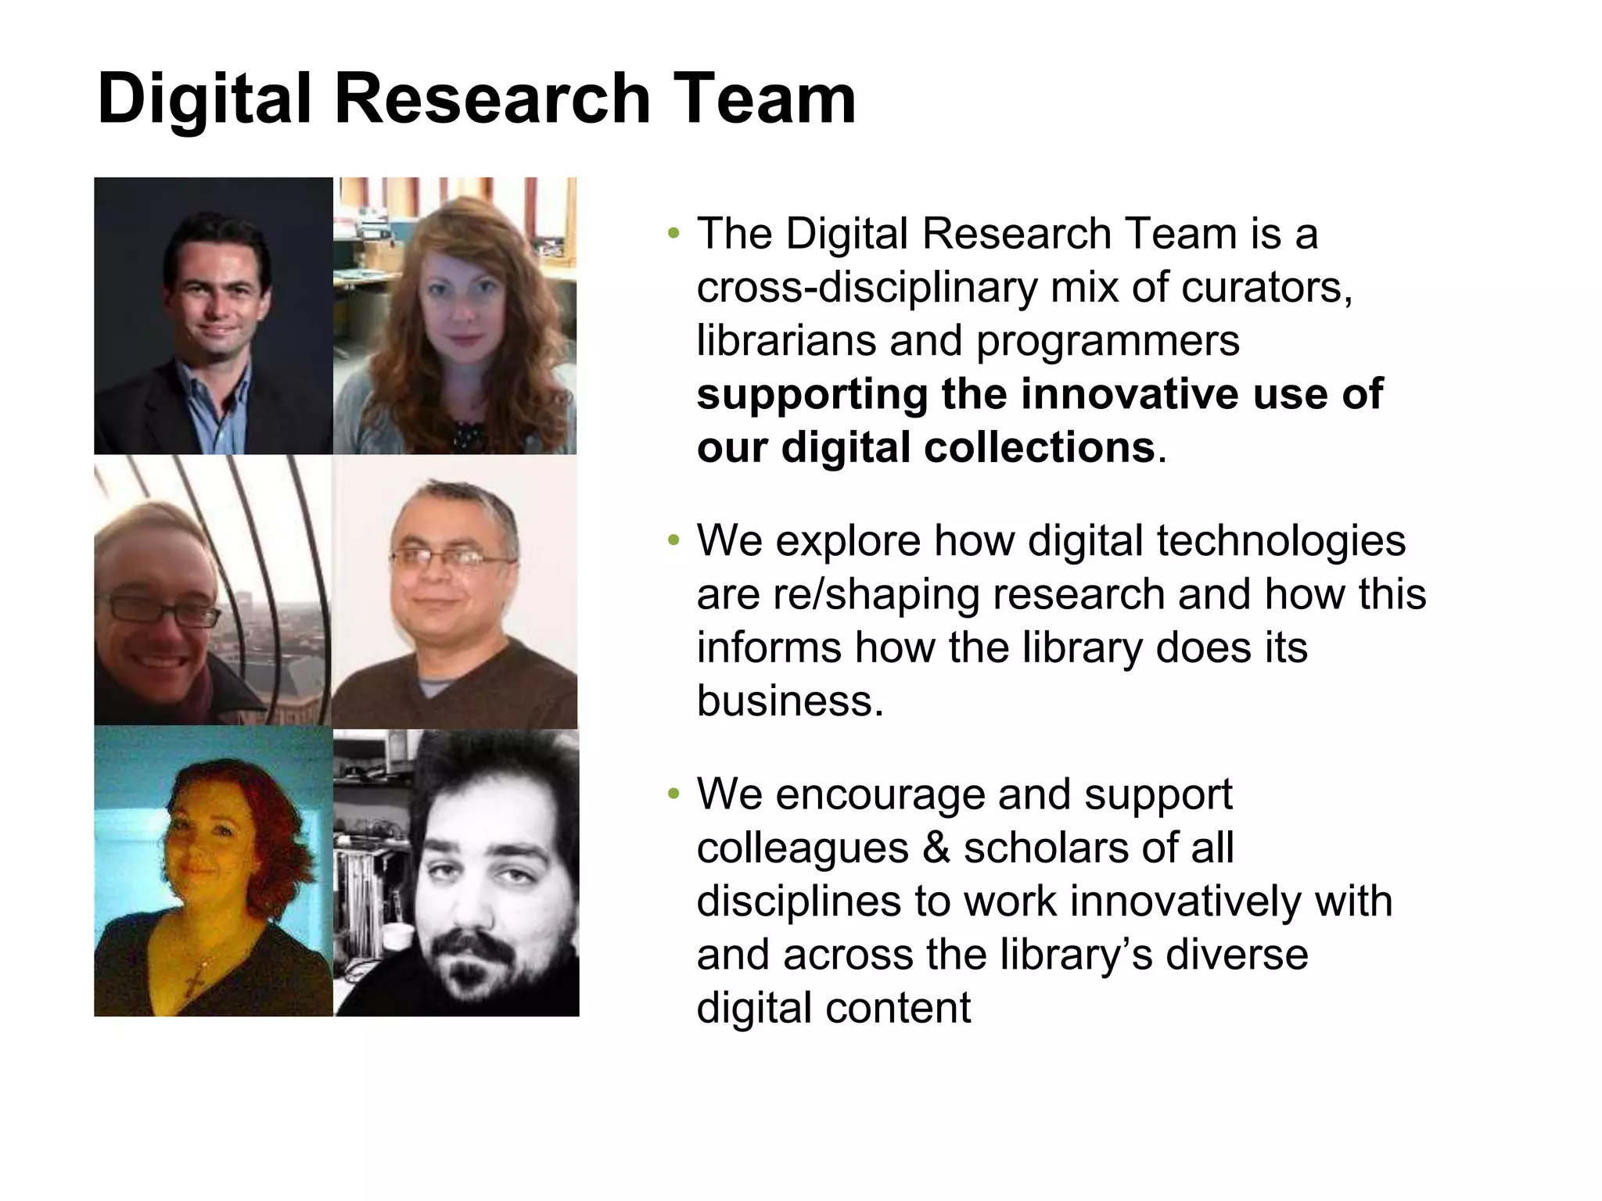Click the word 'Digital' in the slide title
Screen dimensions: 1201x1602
(x=205, y=99)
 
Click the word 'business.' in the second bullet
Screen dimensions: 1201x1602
(x=790, y=701)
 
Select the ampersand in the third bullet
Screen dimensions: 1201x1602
(x=936, y=848)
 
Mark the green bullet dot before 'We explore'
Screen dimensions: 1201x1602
(x=673, y=541)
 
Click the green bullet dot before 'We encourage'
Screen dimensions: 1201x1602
(x=673, y=794)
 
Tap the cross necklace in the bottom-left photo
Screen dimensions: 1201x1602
(x=196, y=978)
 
